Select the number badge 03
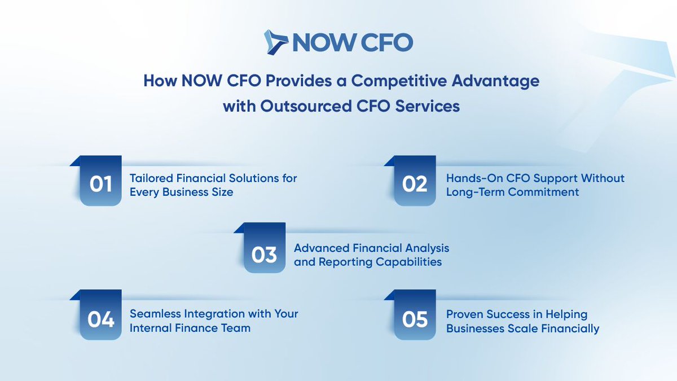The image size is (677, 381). pyautogui.click(x=264, y=255)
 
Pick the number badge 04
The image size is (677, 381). pyautogui.click(x=100, y=320)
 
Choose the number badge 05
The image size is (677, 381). pyautogui.click(x=415, y=320)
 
